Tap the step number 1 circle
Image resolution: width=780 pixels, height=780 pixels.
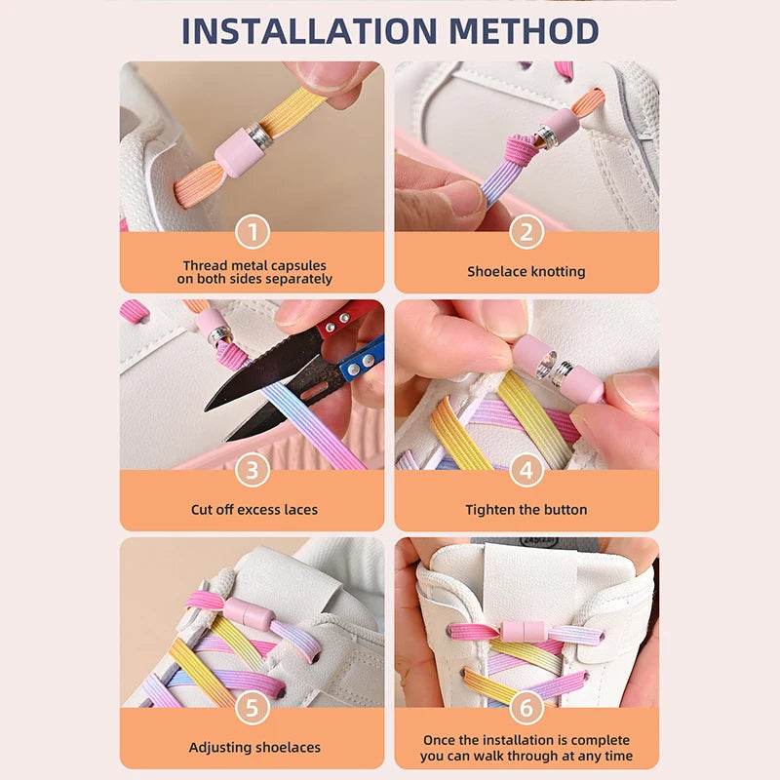(x=253, y=232)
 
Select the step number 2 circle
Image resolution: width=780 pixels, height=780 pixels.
(x=526, y=232)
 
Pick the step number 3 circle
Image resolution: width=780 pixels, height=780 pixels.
(x=253, y=471)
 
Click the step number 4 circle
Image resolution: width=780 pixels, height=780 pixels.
(x=526, y=471)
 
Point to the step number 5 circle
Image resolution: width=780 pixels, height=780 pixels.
(x=253, y=709)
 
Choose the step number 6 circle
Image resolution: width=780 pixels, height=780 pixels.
(x=526, y=709)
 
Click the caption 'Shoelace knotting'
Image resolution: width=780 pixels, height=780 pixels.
(x=526, y=272)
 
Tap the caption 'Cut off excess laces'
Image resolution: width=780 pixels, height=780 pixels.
(x=253, y=510)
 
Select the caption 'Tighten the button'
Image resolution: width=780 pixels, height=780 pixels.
(x=526, y=510)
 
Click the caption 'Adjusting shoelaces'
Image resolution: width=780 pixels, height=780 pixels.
(x=253, y=748)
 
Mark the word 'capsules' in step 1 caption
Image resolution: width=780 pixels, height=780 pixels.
(x=295, y=265)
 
